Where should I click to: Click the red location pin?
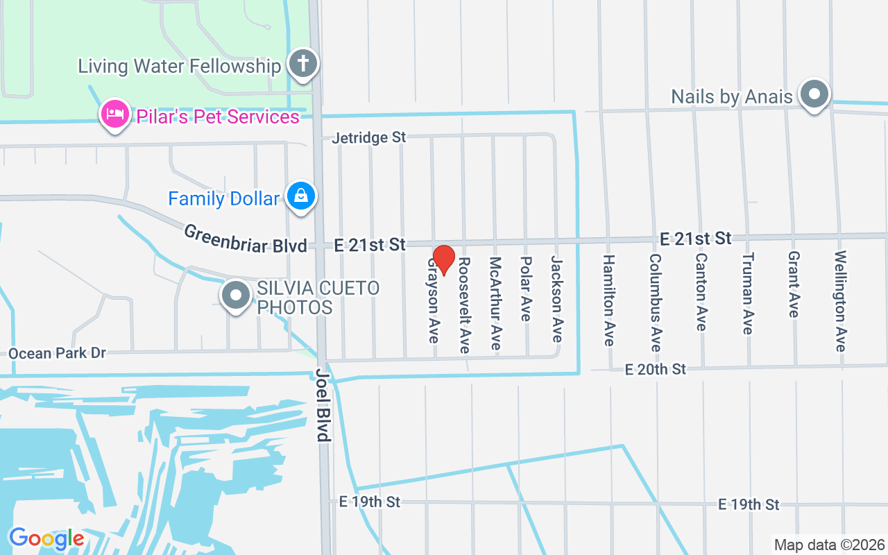(x=443, y=260)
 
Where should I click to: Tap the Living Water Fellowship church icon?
(x=302, y=64)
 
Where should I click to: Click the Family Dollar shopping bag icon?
(x=301, y=197)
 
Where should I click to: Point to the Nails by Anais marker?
(x=814, y=94)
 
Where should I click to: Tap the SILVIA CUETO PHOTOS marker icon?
(x=236, y=296)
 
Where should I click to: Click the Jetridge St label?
(x=368, y=137)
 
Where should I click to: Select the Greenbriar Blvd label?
(x=246, y=238)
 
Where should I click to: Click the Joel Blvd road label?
(x=323, y=404)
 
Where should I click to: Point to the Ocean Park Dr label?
(x=57, y=353)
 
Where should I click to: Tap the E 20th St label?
(x=655, y=369)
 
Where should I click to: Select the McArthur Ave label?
(x=495, y=303)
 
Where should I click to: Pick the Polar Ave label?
(x=526, y=289)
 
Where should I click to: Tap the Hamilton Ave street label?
(x=608, y=300)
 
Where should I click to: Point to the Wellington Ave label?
(x=841, y=301)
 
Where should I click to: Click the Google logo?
(x=46, y=538)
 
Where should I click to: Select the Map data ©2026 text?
(x=829, y=545)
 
